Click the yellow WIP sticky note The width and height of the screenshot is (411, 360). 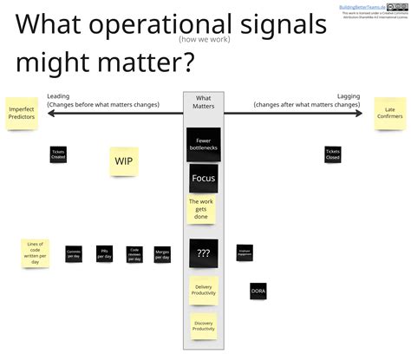[x=124, y=160]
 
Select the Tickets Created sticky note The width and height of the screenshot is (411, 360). [x=58, y=155]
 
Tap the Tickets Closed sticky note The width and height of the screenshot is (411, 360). [x=332, y=155]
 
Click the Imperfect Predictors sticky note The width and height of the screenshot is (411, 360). [x=21, y=114]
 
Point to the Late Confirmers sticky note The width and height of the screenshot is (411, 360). [x=390, y=114]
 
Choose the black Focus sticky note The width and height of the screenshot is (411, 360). [x=203, y=179]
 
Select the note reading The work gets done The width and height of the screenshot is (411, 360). [x=202, y=209]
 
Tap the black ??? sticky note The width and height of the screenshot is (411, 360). [x=203, y=252]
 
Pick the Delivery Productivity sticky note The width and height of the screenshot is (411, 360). [x=203, y=290]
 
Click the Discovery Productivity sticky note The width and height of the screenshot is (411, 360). [x=203, y=324]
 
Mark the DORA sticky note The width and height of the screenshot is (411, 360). [x=258, y=291]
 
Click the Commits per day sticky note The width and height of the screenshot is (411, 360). [x=74, y=254]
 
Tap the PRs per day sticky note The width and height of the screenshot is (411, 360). [x=104, y=253]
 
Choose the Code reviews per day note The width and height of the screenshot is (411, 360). [x=134, y=253]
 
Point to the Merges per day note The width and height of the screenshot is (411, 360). [x=162, y=254]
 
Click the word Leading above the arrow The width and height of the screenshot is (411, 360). [x=58, y=96]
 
